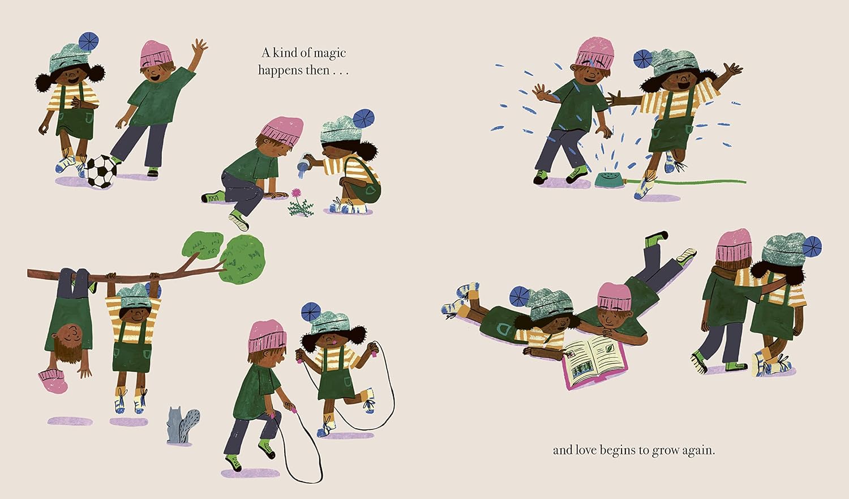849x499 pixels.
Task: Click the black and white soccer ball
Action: pyautogui.click(x=101, y=172)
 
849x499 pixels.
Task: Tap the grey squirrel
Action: pyautogui.click(x=183, y=425)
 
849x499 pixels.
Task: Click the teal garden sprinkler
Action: pyautogui.click(x=610, y=180)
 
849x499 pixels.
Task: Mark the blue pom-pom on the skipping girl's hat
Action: pyautogui.click(x=311, y=312)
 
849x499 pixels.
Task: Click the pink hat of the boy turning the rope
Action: pyautogui.click(x=267, y=336)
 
